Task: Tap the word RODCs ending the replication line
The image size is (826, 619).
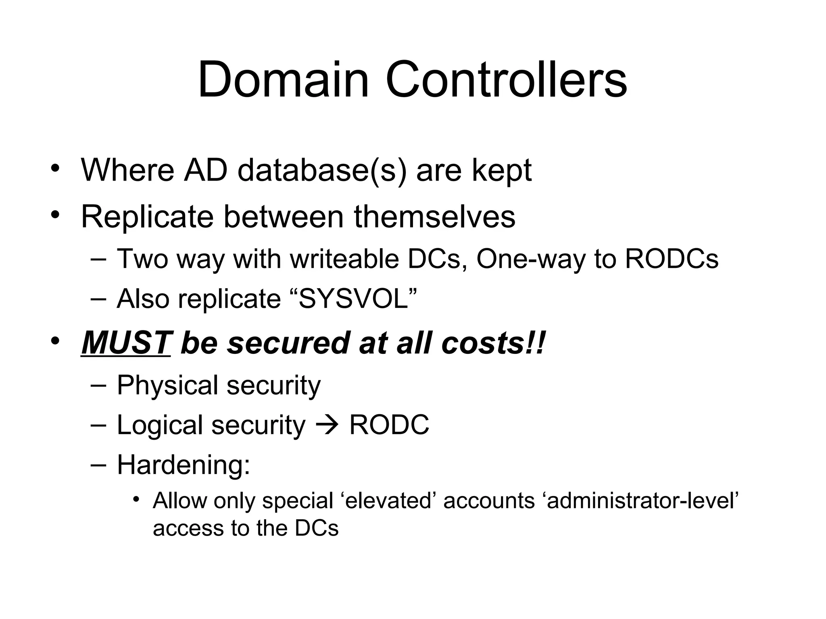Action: (x=672, y=259)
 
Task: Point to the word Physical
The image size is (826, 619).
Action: (x=167, y=385)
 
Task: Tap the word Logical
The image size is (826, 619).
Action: (x=159, y=426)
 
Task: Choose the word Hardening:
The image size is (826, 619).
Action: (x=184, y=465)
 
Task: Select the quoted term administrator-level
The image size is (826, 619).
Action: (x=642, y=501)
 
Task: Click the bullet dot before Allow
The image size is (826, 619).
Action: (x=136, y=500)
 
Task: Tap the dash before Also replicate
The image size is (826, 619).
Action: (x=99, y=299)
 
